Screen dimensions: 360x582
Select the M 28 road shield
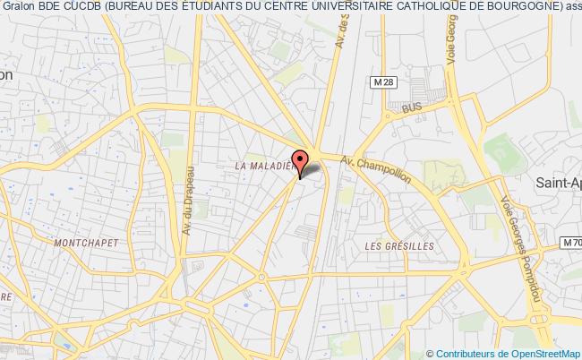click(384, 81)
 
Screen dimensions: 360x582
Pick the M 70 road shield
click(569, 243)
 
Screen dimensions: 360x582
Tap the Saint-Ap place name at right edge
click(557, 184)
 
